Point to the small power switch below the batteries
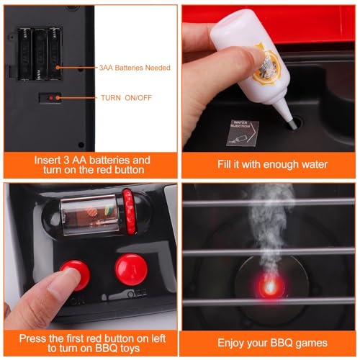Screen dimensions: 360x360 click(x=50, y=96)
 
